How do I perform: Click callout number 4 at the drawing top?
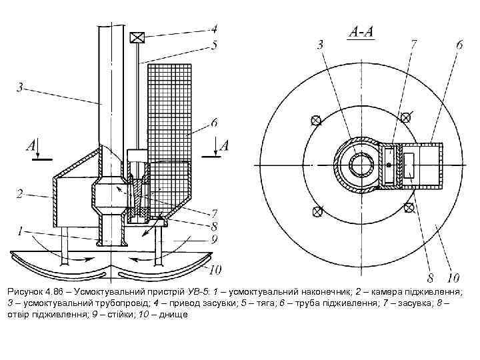[x=214, y=29]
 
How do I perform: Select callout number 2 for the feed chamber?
[x=20, y=194]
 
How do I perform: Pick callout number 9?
[x=214, y=238]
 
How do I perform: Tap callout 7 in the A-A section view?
[x=413, y=45]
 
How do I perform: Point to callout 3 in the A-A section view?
[x=320, y=45]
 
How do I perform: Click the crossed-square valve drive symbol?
[x=137, y=38]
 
